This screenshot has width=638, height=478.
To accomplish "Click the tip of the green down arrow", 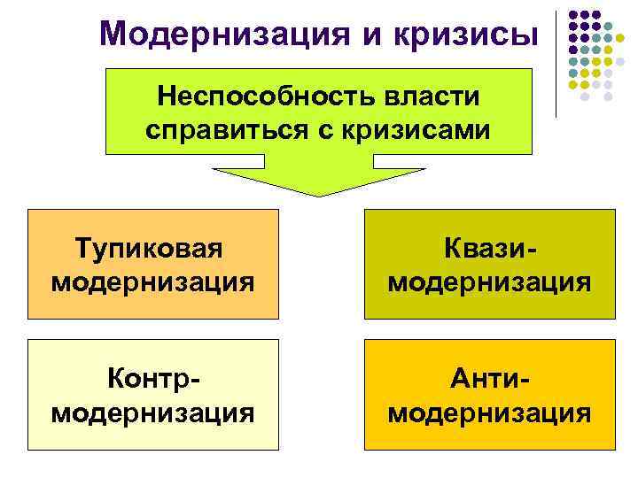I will [x=319, y=194].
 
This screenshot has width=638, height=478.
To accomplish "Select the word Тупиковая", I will [x=153, y=249].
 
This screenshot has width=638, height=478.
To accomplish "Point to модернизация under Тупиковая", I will [x=153, y=282].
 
